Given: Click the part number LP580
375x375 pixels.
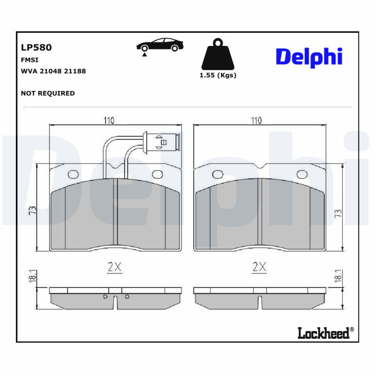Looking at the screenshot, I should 36,47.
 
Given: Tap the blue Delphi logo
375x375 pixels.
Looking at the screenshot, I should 309,57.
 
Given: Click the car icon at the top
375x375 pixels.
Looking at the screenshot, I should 160,45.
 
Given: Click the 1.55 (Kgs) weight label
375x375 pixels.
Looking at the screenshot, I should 218,75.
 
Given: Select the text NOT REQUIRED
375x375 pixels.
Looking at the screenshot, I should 48,93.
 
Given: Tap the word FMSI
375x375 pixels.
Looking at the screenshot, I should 30,60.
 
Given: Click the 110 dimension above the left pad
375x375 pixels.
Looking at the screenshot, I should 109,120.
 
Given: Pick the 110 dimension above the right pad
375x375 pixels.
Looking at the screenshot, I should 255,120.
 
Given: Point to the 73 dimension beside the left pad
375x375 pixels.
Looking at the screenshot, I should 32,210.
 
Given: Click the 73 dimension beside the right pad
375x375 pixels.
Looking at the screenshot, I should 338,213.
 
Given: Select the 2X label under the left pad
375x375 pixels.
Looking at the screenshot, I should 114,267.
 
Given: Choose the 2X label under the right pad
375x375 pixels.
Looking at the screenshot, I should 259,267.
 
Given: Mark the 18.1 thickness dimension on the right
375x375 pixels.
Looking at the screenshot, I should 337,277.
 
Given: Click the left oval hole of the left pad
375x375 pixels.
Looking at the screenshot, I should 73,175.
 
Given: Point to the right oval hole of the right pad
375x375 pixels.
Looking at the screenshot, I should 301,175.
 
